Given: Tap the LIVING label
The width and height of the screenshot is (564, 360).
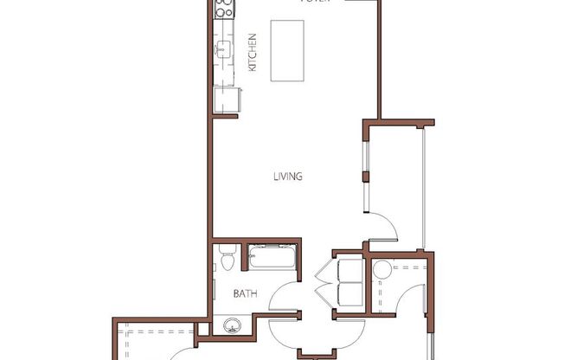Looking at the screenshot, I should [287, 177].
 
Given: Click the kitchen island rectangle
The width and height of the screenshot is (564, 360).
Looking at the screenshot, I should [288, 49].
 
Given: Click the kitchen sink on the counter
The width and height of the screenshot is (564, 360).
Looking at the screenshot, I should [221, 49].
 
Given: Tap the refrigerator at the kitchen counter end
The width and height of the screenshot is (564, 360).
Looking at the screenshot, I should [226, 100].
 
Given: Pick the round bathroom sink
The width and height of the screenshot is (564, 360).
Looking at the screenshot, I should [230, 326].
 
